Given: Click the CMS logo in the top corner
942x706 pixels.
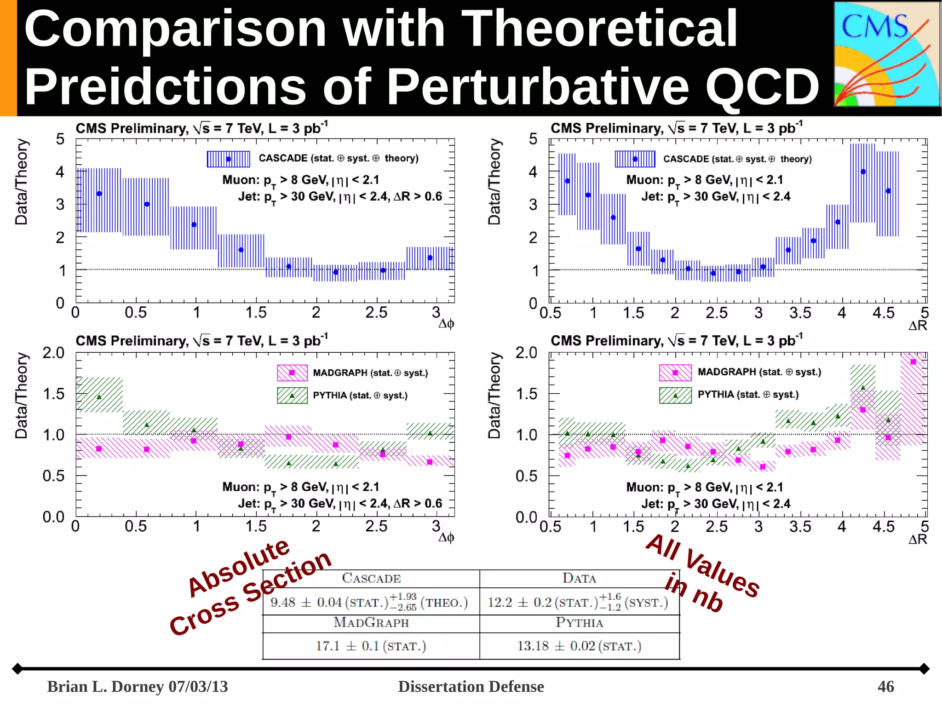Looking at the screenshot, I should pyautogui.click(x=886, y=54).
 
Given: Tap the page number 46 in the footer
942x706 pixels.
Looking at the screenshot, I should pyautogui.click(x=885, y=686).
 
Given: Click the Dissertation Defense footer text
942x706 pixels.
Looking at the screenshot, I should pyautogui.click(x=471, y=686).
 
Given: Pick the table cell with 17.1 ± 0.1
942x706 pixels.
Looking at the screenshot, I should pyautogui.click(x=371, y=646).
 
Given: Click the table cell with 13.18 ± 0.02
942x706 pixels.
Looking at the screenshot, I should pyautogui.click(x=579, y=646).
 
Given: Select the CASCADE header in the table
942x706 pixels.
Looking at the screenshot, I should pyautogui.click(x=371, y=578).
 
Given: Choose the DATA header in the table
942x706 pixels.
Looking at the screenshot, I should pyautogui.click(x=579, y=578).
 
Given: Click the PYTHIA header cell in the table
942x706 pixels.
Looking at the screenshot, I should pyautogui.click(x=579, y=622).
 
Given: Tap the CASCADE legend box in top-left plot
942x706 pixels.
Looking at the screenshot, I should pyautogui.click(x=228, y=159).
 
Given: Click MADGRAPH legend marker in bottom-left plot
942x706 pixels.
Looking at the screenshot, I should pyautogui.click(x=292, y=373).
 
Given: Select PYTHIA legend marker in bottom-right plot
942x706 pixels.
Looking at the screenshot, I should pyautogui.click(x=675, y=395).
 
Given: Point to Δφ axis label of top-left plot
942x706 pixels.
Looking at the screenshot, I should pyautogui.click(x=446, y=324).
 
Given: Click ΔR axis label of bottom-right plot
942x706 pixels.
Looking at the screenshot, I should pyautogui.click(x=918, y=539).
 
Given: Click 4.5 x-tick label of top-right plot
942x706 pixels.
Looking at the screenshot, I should pyautogui.click(x=883, y=313).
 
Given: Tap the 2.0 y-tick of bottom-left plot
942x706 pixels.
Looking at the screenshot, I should pyautogui.click(x=53, y=353).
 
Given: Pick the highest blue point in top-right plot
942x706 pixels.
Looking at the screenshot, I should pyautogui.click(x=863, y=172).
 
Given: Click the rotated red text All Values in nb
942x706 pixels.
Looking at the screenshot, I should pyautogui.click(x=701, y=573).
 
